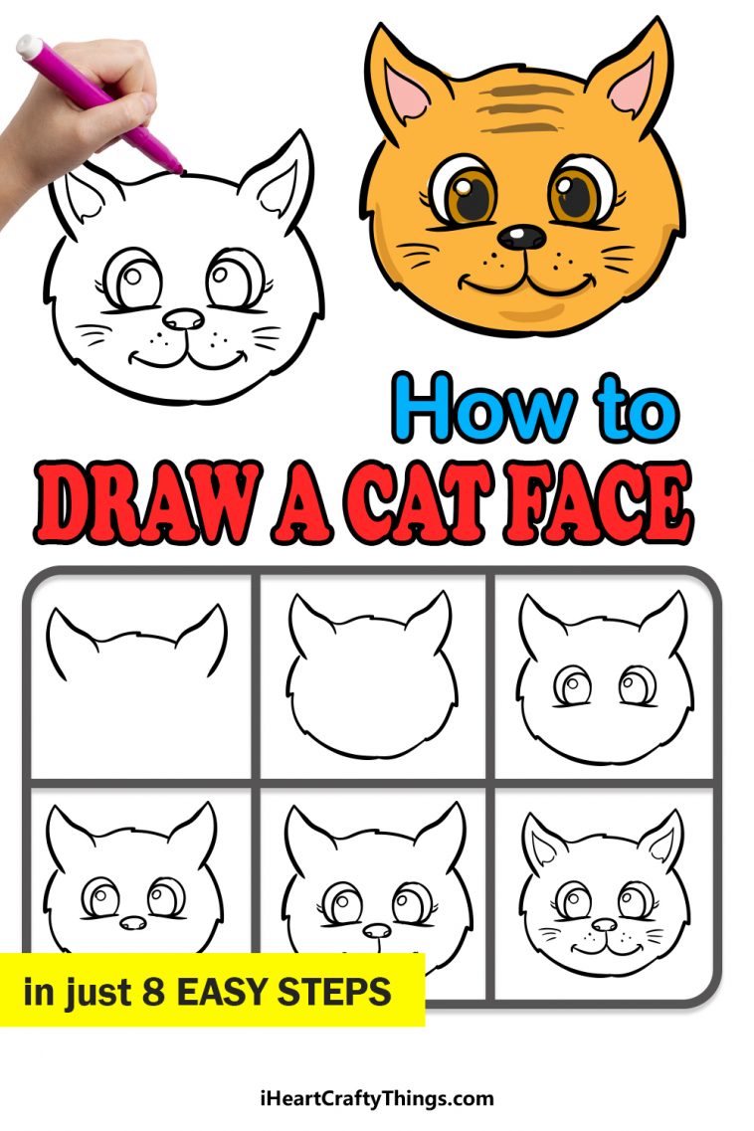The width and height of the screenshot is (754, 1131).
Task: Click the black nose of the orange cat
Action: (x=521, y=237)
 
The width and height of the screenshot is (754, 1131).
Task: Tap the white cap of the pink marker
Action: (x=30, y=45)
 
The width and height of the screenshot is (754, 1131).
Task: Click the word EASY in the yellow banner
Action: (x=230, y=991)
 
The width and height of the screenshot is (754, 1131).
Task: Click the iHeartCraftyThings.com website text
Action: (x=376, y=1098)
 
